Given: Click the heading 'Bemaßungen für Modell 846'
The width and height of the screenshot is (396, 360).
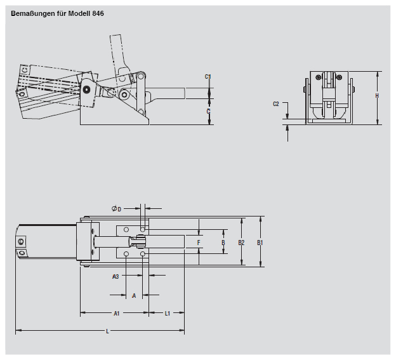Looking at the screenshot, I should pos(58,13).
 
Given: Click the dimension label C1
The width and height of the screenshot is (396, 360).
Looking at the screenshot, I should pos(208,77).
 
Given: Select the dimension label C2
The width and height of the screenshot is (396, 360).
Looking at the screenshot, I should pos(276,103).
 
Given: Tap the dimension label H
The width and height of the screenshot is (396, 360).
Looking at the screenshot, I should pos(377,96).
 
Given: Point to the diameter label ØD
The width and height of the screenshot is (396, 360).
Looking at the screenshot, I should pos(115,208).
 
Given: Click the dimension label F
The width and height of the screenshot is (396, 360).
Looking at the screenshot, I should pos(199,243).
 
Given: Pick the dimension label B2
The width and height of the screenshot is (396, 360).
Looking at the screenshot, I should pos(241,243).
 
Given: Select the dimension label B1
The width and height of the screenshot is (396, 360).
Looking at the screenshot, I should pos(260,243).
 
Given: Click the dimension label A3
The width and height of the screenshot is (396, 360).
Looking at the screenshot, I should pos(115,277).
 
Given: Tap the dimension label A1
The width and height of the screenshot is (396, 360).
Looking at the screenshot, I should pos(117,313).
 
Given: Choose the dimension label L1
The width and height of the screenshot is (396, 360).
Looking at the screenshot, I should pos(168,313).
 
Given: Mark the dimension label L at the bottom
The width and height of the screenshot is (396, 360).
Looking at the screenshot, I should pos(107,331).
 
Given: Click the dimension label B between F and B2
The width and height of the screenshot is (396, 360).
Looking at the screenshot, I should pos(223,243).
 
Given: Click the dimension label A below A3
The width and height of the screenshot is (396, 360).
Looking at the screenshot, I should pos(133,295).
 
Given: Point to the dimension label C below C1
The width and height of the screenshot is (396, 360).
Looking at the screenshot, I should pos(208,112).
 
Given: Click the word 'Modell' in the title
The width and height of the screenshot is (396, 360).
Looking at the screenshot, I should pos(77,13).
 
